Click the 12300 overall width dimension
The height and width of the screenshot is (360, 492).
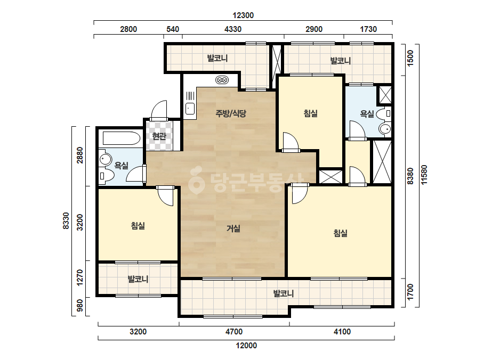coord(243,15)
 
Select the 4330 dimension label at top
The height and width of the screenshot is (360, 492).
coord(233,29)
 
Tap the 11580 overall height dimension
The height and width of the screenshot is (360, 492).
coord(424,175)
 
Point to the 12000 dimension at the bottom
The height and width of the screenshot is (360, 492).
coord(246,346)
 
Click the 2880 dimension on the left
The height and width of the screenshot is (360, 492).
coord(80,155)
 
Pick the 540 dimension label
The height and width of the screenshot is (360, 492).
coord(173,29)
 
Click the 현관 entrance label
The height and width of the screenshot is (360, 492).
coord(159,136)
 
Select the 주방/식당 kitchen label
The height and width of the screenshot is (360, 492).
coord(231,113)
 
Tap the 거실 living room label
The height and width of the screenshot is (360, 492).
coord(233,228)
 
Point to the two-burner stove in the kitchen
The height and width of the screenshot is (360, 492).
coord(222,80)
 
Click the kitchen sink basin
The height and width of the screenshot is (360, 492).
coord(190,109)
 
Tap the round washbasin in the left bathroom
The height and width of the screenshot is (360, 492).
coord(106,159)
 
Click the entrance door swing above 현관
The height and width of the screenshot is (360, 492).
coord(159,110)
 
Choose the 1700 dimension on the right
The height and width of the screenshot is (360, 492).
coord(410,292)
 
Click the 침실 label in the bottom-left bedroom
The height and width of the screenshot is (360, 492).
coord(138,225)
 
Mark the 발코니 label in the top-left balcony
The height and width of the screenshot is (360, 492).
coord(217,58)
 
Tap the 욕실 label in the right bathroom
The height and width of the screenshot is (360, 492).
coord(367,114)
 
